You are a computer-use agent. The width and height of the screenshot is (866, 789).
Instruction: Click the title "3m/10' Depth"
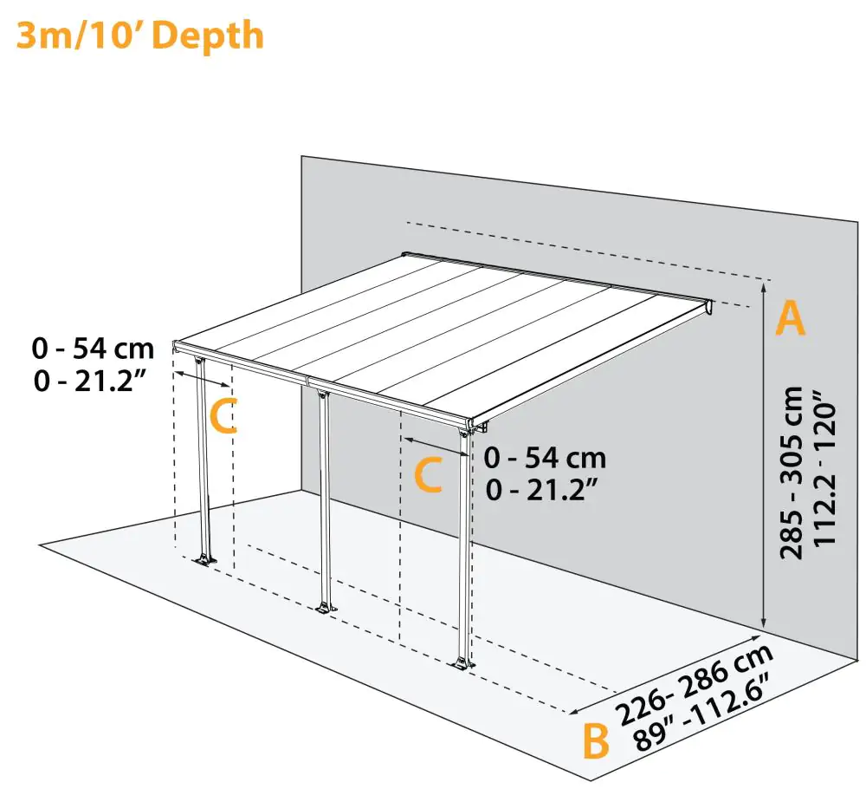139,36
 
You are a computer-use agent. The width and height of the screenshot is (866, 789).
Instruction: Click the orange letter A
790,318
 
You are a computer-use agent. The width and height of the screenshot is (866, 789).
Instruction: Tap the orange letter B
596,742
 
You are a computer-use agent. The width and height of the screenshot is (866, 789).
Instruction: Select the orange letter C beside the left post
223,416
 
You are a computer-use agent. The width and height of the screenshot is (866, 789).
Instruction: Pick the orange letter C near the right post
429,475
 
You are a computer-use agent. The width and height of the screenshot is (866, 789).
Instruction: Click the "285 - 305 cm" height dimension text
792,473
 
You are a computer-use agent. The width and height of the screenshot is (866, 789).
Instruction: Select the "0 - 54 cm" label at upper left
93,349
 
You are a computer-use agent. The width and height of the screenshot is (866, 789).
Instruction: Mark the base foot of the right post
462,664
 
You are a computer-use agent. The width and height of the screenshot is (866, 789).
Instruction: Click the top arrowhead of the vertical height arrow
764,285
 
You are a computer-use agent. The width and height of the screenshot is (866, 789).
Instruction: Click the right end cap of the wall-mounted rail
709,306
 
